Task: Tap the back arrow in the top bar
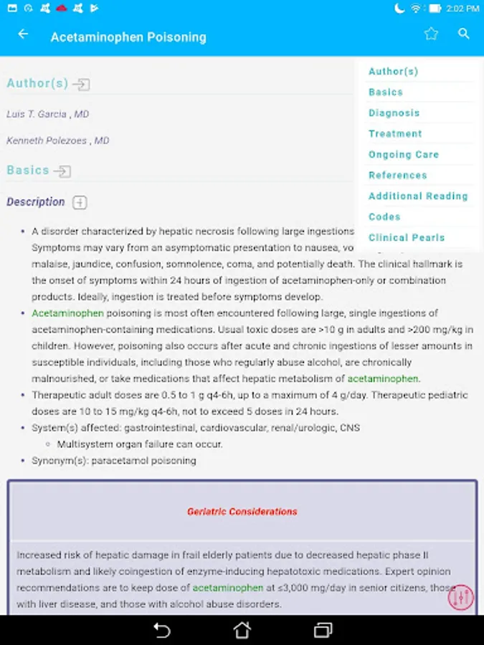coord(23,34)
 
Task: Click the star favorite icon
coord(430,34)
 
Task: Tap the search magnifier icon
coord(464,34)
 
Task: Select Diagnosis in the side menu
coord(394,113)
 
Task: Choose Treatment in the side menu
coord(395,134)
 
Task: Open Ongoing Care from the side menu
coord(403,155)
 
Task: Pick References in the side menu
coord(397,176)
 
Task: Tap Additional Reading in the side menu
coord(417,196)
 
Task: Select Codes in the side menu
coord(384,217)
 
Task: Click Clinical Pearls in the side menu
coord(406,238)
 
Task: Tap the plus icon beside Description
coord(80,203)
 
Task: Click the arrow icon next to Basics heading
coord(62,171)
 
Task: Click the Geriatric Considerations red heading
coord(242,512)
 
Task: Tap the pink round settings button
coord(461,596)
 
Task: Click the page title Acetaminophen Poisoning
coord(128,37)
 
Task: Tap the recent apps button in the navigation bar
coord(323,630)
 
